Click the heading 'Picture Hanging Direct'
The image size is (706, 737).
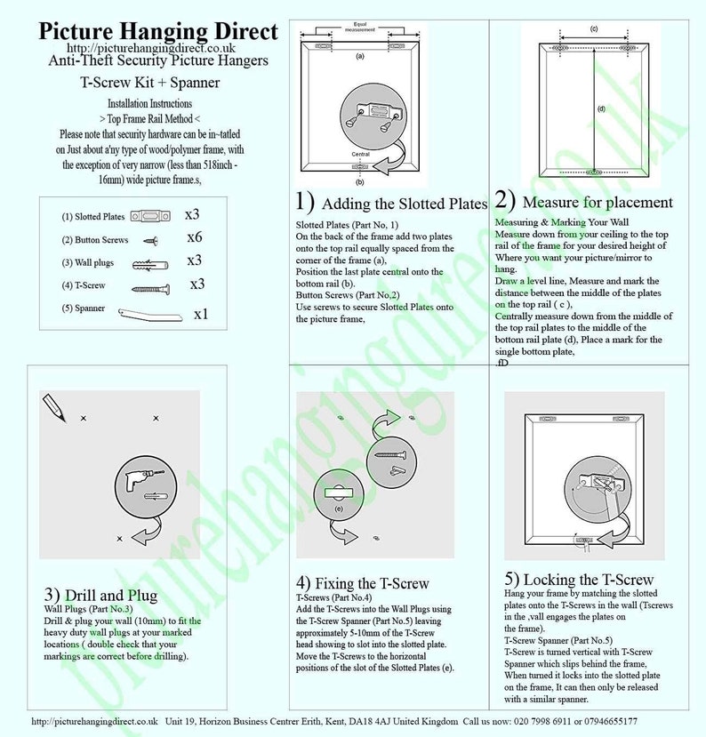[157, 31]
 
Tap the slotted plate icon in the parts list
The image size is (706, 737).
[148, 216]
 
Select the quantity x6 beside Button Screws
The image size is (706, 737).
[196, 238]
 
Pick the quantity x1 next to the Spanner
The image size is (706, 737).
[201, 314]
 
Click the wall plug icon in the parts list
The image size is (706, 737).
[148, 264]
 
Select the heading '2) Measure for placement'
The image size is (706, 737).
[583, 201]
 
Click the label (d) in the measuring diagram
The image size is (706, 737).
[601, 108]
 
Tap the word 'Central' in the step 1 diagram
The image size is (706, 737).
[360, 154]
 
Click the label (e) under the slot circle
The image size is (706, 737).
[338, 509]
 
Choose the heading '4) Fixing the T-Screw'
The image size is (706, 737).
[362, 583]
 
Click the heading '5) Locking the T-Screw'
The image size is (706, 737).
[578, 580]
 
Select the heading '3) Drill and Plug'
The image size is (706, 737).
[100, 594]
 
